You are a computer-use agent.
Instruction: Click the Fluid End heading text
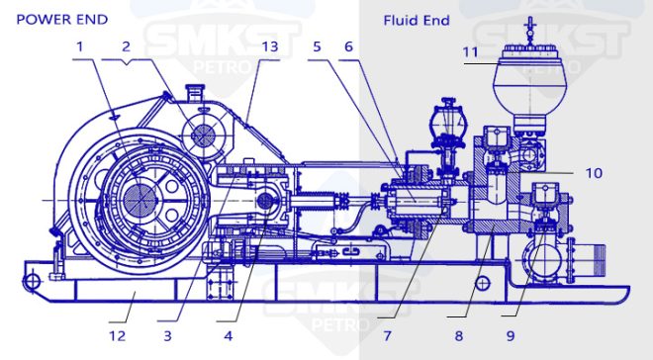click(416, 20)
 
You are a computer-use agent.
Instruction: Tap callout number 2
click(126, 46)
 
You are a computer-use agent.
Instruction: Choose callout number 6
click(348, 46)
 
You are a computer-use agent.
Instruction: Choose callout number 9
click(510, 335)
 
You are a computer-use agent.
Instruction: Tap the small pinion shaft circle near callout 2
click(205, 135)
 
